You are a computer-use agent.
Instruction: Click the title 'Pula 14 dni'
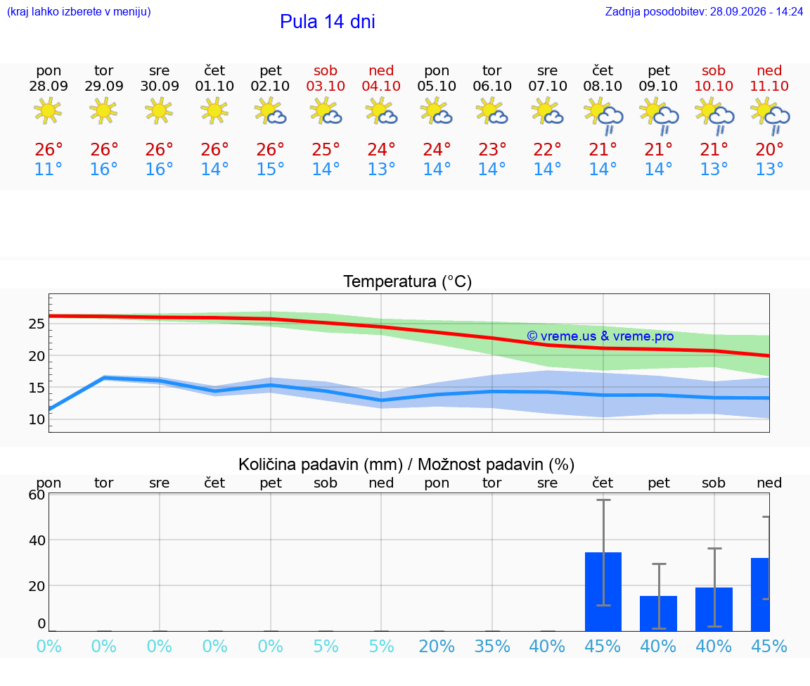pyautogui.click(x=328, y=22)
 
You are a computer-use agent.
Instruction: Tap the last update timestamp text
pyautogui.click(x=704, y=11)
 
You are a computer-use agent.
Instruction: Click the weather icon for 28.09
pyautogui.click(x=48, y=110)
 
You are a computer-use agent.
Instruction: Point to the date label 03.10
pyautogui.click(x=326, y=86)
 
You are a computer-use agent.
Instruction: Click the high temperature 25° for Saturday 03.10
pyautogui.click(x=326, y=149)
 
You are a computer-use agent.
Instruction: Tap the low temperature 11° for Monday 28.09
pyautogui.click(x=48, y=169)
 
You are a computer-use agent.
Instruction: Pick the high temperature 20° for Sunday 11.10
pyautogui.click(x=769, y=149)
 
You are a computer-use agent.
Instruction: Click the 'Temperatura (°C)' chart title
pyautogui.click(x=408, y=281)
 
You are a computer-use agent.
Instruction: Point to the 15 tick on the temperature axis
pyautogui.click(x=37, y=388)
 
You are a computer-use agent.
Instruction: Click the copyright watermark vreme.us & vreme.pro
pyautogui.click(x=600, y=336)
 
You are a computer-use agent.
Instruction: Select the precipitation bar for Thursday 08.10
pyautogui.click(x=603, y=592)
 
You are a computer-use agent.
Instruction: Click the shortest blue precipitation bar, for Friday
pyautogui.click(x=659, y=614)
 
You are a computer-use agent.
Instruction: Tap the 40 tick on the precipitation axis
pyautogui.click(x=37, y=540)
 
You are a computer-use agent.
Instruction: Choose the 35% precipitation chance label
pyautogui.click(x=491, y=646)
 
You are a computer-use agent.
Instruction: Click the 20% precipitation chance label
pyautogui.click(x=437, y=646)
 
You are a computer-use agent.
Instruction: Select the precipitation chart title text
pyautogui.click(x=406, y=464)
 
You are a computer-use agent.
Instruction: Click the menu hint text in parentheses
pyautogui.click(x=79, y=11)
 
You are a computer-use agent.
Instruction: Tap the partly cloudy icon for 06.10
pyautogui.click(x=491, y=112)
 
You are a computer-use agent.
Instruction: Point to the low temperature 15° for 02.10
pyautogui.click(x=270, y=169)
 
